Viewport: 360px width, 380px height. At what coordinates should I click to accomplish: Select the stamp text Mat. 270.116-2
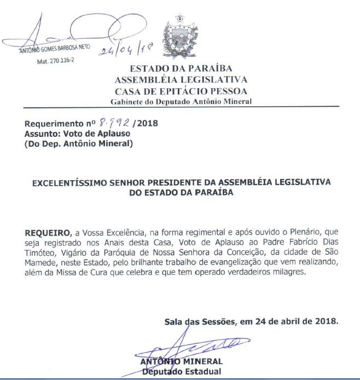[x=55, y=61]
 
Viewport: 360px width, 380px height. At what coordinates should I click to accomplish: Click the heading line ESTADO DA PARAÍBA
[x=181, y=68]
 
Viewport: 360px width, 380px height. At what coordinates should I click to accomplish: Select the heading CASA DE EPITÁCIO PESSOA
[x=181, y=90]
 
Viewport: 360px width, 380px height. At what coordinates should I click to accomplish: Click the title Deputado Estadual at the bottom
[x=181, y=372]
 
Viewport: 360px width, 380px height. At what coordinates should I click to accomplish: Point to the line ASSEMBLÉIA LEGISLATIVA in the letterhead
[x=181, y=79]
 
